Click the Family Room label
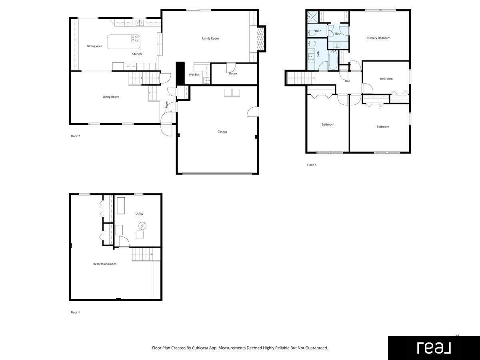(x=210, y=38)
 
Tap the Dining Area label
(x=94, y=46)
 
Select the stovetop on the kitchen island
(x=135, y=38)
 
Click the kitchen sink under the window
(x=140, y=22)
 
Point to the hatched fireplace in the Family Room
(x=260, y=39)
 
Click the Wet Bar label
(x=194, y=74)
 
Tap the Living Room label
(x=111, y=97)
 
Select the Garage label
(x=222, y=132)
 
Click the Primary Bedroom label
(x=378, y=38)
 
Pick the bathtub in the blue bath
(x=333, y=60)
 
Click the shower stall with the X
(x=313, y=17)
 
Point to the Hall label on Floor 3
(x=348, y=81)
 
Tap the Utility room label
(x=139, y=214)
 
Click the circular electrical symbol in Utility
(x=142, y=226)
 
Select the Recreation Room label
(x=104, y=264)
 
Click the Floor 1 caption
(x=75, y=312)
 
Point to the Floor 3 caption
(x=312, y=165)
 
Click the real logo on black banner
(x=434, y=348)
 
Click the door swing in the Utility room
(x=124, y=242)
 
